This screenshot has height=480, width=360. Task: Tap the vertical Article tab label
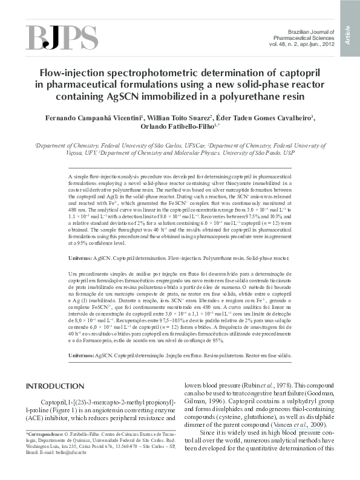tap(349, 34)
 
